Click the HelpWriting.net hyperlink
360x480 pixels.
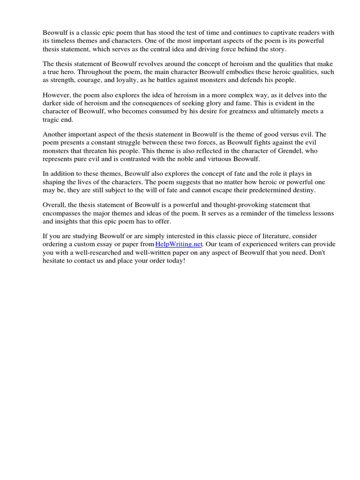point(179,244)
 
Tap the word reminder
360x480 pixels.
point(270,213)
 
